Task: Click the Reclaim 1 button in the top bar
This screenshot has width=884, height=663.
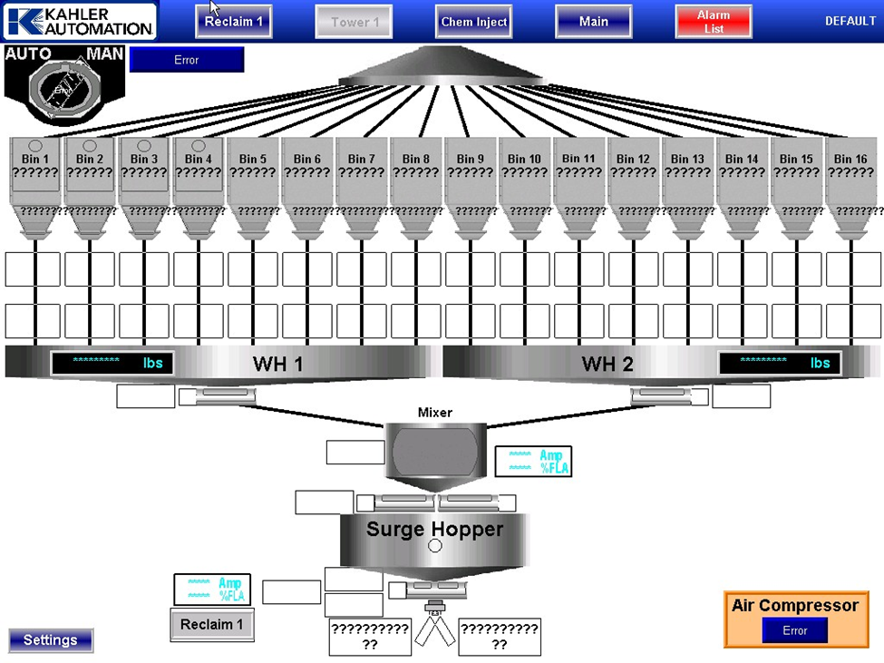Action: (x=234, y=22)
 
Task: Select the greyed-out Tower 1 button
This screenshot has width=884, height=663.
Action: (x=354, y=22)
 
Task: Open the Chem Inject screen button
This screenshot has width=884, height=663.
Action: (x=474, y=22)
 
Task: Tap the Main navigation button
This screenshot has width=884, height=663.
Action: (x=594, y=22)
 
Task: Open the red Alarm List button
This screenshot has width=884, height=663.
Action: (x=714, y=22)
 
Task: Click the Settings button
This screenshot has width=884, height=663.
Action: (x=51, y=640)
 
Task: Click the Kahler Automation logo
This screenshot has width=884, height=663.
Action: (x=80, y=21)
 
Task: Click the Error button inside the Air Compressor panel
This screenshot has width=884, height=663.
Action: (x=794, y=631)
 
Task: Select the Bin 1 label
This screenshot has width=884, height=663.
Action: (x=34, y=159)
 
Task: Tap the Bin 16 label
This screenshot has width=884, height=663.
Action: (x=850, y=159)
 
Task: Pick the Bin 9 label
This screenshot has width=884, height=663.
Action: (x=470, y=159)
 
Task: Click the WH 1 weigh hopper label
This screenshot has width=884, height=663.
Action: (x=277, y=364)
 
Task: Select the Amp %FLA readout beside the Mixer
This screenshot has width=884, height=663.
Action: (x=533, y=462)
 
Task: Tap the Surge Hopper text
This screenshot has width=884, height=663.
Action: (x=434, y=529)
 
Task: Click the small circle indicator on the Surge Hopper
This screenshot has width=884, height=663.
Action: (x=434, y=546)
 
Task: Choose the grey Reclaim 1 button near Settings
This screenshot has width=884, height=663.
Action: (x=211, y=625)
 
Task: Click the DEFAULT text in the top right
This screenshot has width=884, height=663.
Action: (x=850, y=21)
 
